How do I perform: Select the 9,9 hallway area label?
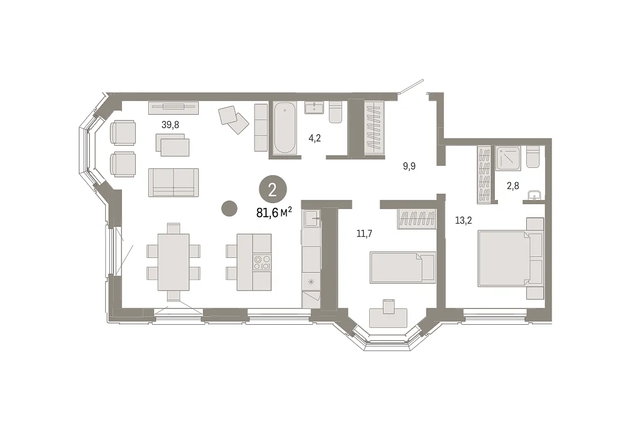pyautogui.click(x=410, y=166)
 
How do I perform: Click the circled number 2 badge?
pyautogui.click(x=272, y=190)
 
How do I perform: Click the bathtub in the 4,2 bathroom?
pyautogui.click(x=284, y=128)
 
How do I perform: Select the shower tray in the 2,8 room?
pyautogui.click(x=508, y=158)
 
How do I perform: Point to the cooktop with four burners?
pyautogui.click(x=262, y=262)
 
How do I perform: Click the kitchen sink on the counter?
pyautogui.click(x=312, y=217)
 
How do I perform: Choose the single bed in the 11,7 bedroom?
pyautogui.click(x=402, y=267)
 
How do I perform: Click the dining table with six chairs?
pyautogui.click(x=173, y=262)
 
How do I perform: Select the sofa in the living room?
pyautogui.click(x=173, y=182)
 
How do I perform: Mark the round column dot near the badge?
pyautogui.click(x=229, y=208)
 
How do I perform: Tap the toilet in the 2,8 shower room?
pyautogui.click(x=533, y=157)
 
